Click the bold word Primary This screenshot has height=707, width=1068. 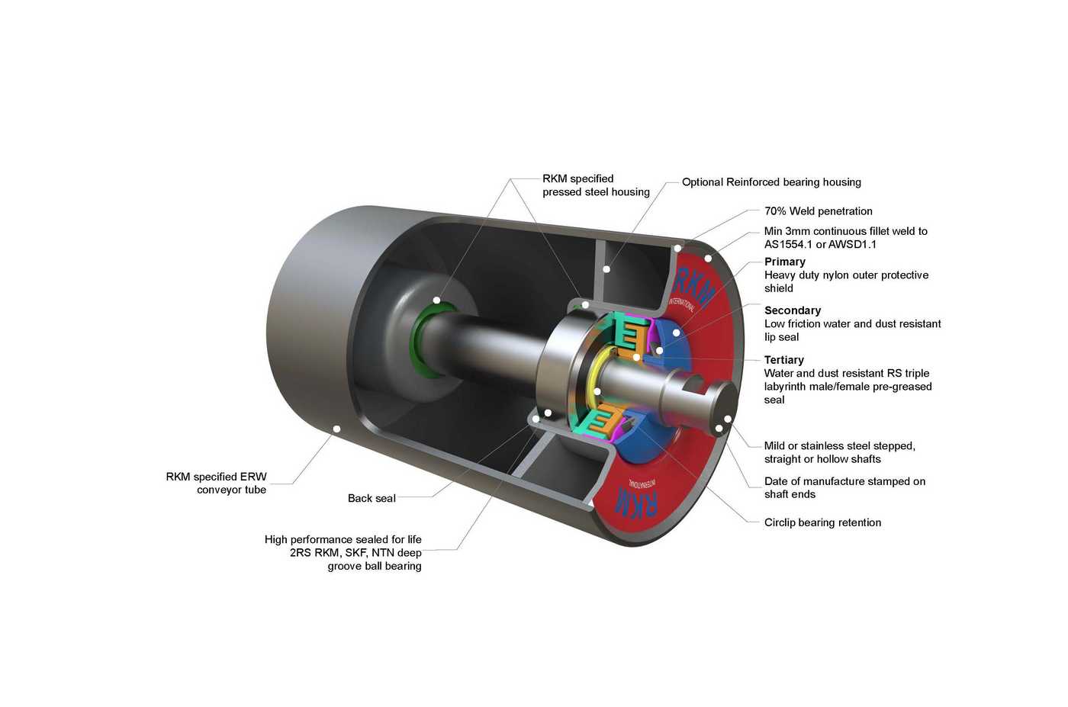[x=785, y=262]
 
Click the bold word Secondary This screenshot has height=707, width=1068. [x=793, y=310]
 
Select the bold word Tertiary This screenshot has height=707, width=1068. [x=784, y=360]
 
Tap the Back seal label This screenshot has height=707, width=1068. [x=372, y=498]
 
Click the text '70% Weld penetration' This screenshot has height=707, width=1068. [x=818, y=211]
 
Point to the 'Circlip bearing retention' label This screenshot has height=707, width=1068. [x=822, y=522]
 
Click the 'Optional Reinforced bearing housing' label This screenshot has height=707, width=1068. [x=771, y=182]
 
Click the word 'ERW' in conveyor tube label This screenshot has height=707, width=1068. [x=253, y=477]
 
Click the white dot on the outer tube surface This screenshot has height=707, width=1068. [x=336, y=429]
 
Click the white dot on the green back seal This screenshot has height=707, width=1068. [x=436, y=300]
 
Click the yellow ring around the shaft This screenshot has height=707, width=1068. [x=591, y=377]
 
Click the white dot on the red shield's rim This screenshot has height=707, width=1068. [x=708, y=259]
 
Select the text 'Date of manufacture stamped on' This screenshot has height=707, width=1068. [x=845, y=481]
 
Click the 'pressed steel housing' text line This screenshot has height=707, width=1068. [x=596, y=192]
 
